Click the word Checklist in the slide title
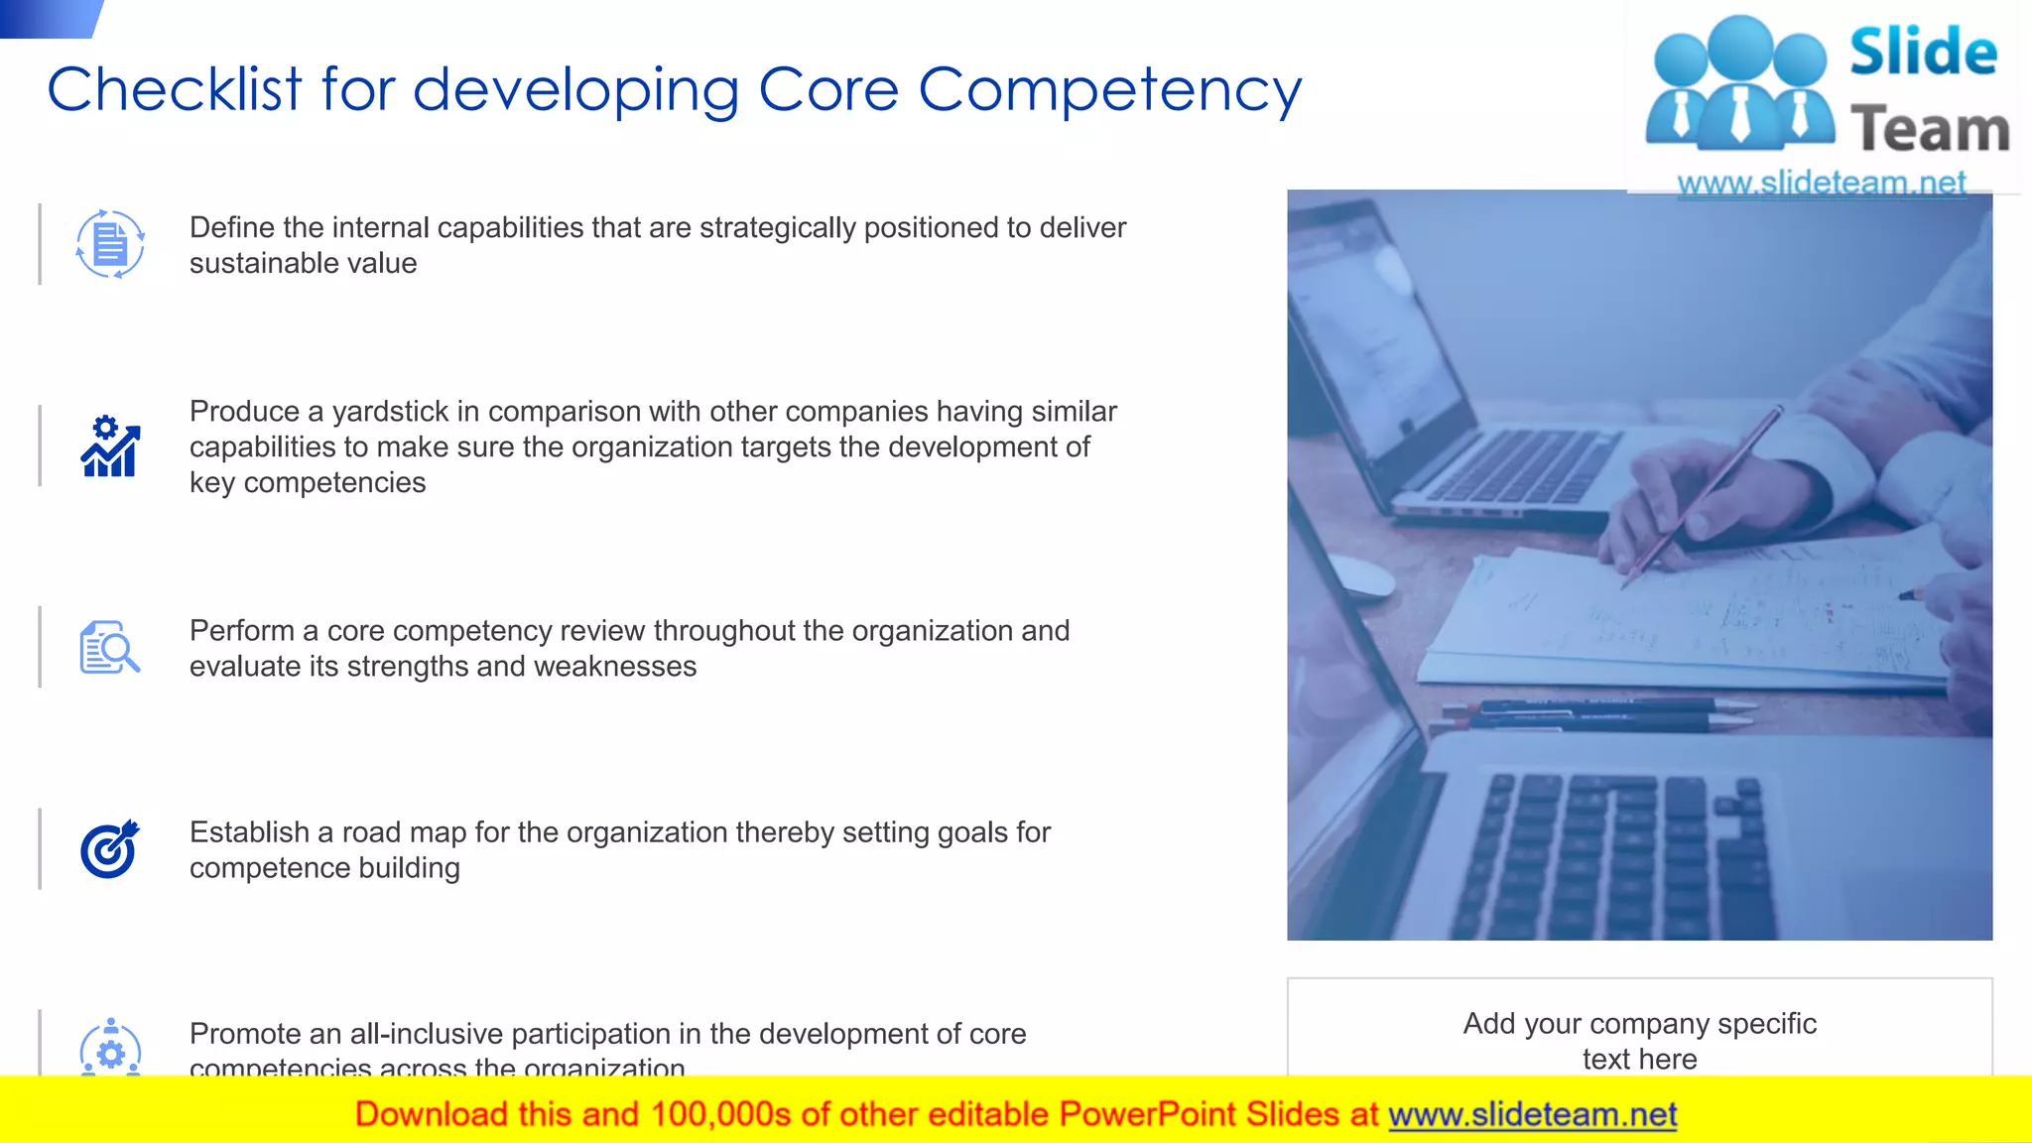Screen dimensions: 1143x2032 click(x=175, y=89)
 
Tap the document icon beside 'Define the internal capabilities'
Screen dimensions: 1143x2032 click(x=110, y=244)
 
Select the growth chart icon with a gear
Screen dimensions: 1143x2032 click(x=110, y=446)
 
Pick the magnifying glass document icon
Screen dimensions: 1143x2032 click(x=109, y=648)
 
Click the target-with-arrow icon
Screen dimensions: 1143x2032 click(x=109, y=850)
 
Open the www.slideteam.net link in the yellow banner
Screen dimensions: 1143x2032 click(x=1532, y=1115)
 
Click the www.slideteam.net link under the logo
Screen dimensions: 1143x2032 click(x=1821, y=183)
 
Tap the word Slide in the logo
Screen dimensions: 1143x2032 click(x=1923, y=52)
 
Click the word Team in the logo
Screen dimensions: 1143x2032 click(x=1930, y=130)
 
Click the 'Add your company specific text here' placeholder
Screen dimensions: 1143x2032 click(x=1639, y=1040)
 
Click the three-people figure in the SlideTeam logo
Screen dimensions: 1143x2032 click(x=1739, y=84)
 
